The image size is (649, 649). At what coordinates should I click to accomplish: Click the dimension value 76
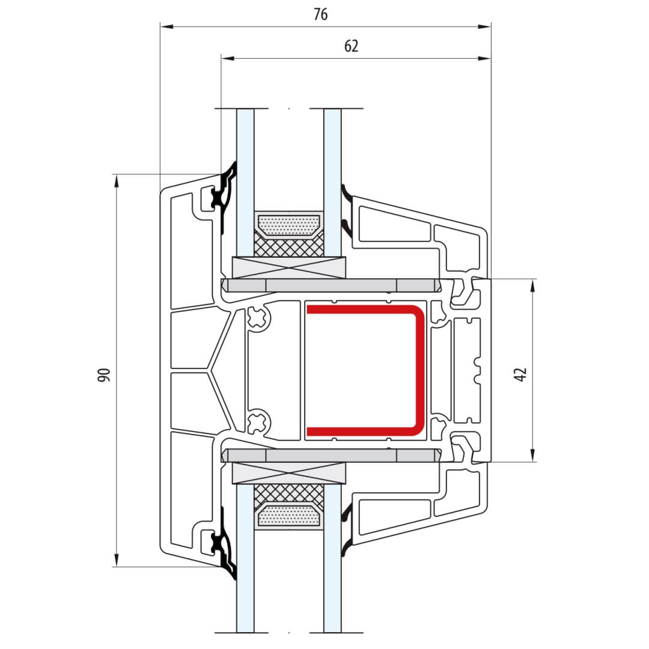click(320, 14)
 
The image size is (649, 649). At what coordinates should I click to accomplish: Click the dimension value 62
click(351, 46)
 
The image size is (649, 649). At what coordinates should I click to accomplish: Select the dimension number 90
click(105, 374)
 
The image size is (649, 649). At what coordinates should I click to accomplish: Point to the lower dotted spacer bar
click(289, 516)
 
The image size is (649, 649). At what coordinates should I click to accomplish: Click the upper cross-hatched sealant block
click(289, 247)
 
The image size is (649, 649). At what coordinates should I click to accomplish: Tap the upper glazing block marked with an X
click(289, 267)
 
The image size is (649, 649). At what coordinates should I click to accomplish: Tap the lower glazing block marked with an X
click(289, 473)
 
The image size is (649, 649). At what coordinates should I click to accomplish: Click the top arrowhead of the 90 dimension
click(117, 181)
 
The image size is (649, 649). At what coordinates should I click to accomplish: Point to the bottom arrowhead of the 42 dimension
click(533, 455)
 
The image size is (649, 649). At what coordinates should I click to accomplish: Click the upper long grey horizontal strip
click(331, 285)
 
